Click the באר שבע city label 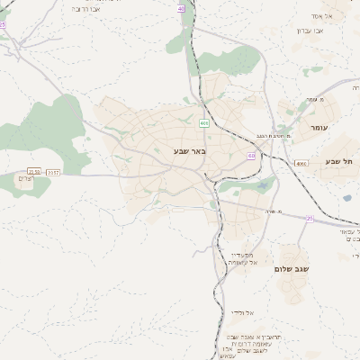[190, 151]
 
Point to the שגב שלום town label [292, 268]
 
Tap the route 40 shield [181, 8]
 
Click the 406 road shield [204, 122]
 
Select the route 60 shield [251, 156]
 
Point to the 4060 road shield [301, 163]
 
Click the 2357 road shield [54, 171]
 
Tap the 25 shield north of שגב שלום [309, 219]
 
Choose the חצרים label [26, 178]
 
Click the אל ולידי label [239, 312]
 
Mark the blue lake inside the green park [263, 185]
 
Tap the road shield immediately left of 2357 [34, 171]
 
